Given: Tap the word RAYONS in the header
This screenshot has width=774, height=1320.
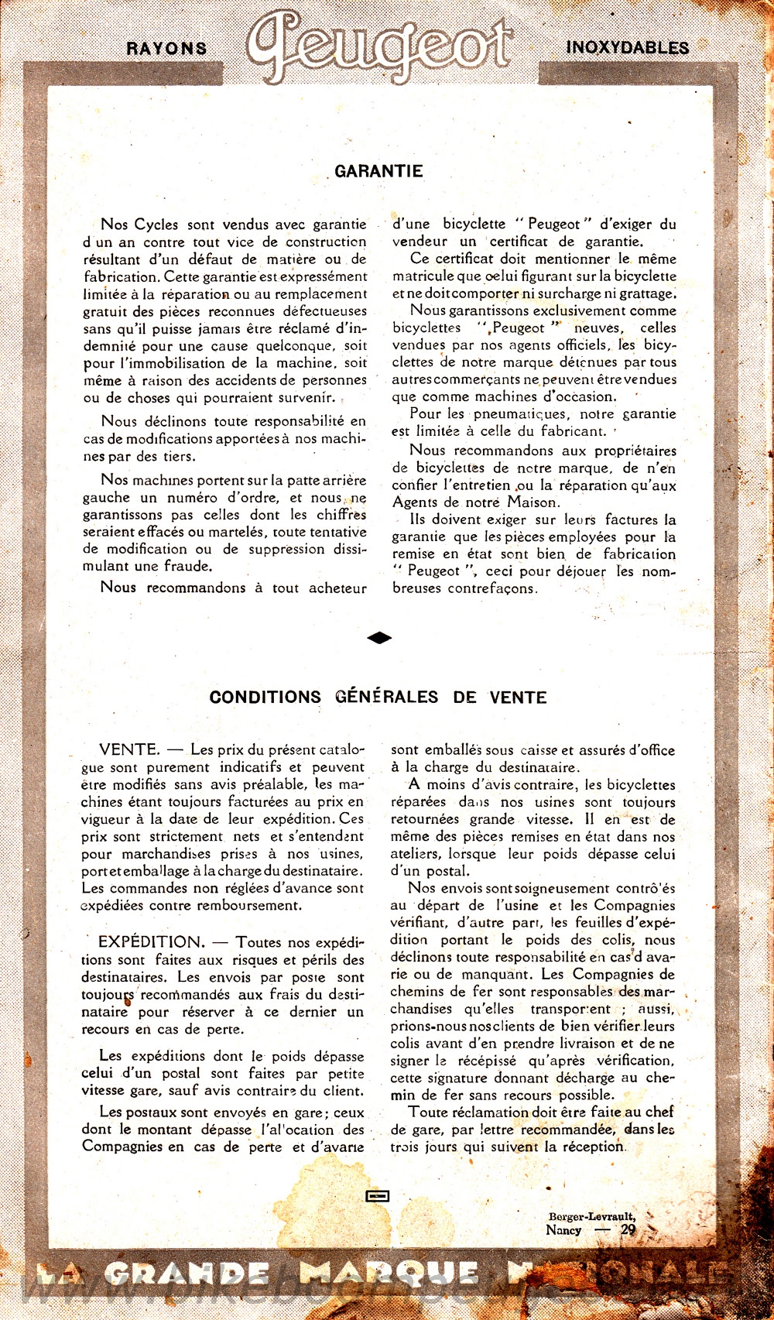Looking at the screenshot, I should point(166,48).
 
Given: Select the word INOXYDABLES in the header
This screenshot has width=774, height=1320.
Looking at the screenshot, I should point(627,47).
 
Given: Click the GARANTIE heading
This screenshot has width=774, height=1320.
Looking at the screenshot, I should point(378,171).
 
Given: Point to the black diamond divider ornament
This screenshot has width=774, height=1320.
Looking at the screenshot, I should point(378,637).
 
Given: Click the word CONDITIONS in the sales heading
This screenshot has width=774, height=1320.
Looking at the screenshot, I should point(265,697).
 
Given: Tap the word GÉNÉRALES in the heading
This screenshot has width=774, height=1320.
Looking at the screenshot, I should point(386,697).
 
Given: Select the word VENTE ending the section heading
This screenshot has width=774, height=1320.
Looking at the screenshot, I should point(518,698).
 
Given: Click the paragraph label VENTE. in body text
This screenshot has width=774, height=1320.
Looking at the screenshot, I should point(129,749).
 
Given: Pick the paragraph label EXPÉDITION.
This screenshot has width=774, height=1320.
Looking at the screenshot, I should point(151,942).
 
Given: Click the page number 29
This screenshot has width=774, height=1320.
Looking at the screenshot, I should point(628,1229).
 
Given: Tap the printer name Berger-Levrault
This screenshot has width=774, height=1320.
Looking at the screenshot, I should point(592,1216).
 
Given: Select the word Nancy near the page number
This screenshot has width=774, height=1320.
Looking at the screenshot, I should point(563,1229).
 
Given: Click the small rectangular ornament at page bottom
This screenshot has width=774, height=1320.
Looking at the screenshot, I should point(377,1196).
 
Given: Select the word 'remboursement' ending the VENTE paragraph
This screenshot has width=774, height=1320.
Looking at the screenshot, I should point(249,905).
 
